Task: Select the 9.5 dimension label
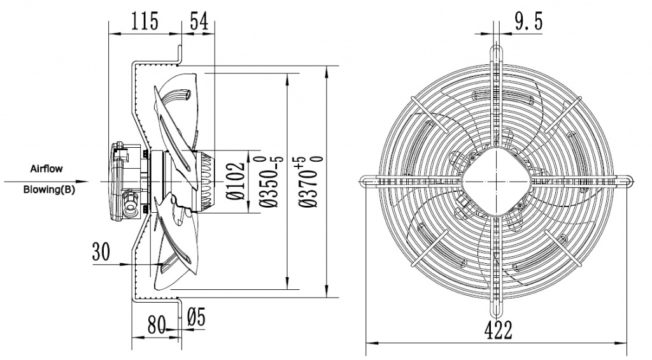528,23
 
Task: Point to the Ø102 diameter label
236,182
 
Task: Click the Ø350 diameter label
268,182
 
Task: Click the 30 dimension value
101,252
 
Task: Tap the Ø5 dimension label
197,317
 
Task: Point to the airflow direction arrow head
103,181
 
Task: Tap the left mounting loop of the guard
366,180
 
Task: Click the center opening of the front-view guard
497,180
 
